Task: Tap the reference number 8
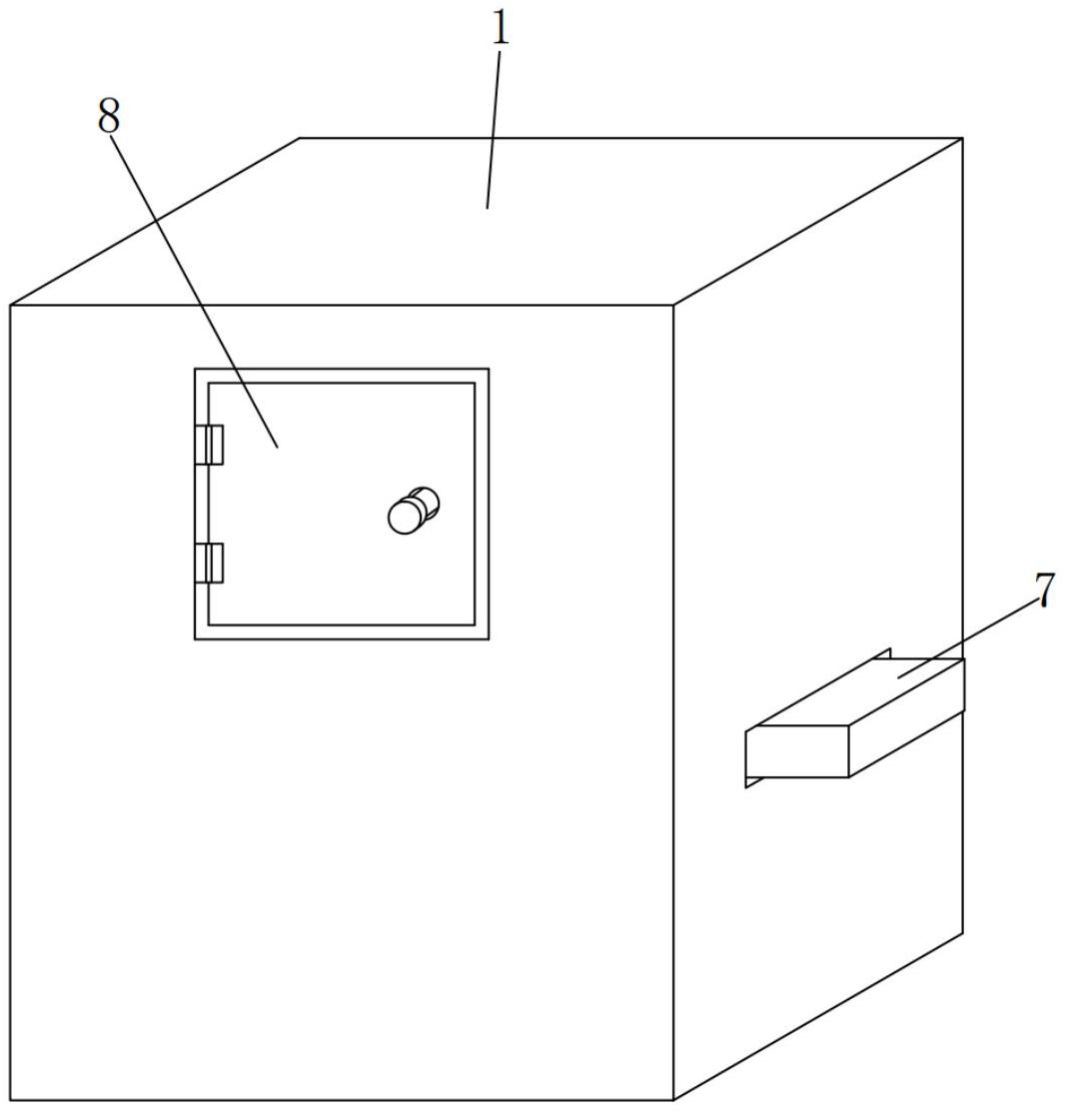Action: coord(109,117)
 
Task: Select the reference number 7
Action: coord(1044,589)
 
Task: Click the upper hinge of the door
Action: coord(210,445)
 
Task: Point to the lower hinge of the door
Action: coord(210,562)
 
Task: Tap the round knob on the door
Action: coord(407,516)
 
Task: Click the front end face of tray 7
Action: coord(797,751)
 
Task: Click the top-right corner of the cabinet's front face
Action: coord(673,305)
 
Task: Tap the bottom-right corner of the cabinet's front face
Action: coord(673,1100)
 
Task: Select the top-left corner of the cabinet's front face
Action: coord(11,305)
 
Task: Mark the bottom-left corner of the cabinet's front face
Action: coord(11,1100)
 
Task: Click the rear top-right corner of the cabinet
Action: coord(962,139)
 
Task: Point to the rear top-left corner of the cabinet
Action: coord(301,139)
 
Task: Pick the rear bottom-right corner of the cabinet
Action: coord(962,933)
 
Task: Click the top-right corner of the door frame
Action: coord(489,370)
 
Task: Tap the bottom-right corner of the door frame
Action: coord(489,638)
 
